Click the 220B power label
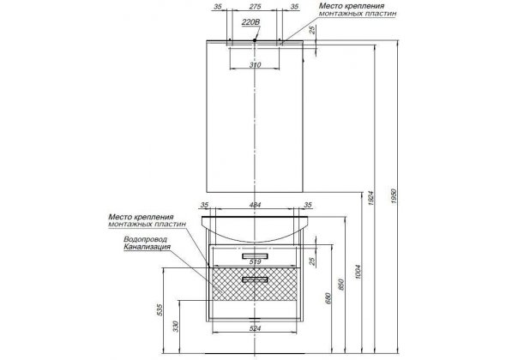pyautogui.click(x=250, y=22)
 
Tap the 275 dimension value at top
pyautogui.click(x=255, y=7)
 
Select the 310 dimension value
pyautogui.click(x=255, y=65)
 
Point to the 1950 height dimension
pyautogui.click(x=394, y=195)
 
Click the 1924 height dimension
pyautogui.click(x=370, y=198)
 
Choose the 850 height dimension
pyautogui.click(x=342, y=285)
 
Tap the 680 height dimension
pyautogui.click(x=328, y=298)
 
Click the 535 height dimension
pyautogui.click(x=160, y=309)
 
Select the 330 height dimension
pyautogui.click(x=176, y=326)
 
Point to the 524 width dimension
pyautogui.click(x=255, y=328)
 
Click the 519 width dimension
pyautogui.click(x=255, y=261)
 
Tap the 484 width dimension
pyautogui.click(x=255, y=205)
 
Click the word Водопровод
pyautogui.click(x=146, y=239)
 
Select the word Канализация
pyautogui.click(x=148, y=247)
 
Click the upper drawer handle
pyautogui.click(x=255, y=256)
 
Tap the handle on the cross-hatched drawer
pyautogui.click(x=255, y=279)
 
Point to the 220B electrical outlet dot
pyautogui.click(x=255, y=40)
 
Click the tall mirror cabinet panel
pyautogui.click(x=255, y=116)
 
